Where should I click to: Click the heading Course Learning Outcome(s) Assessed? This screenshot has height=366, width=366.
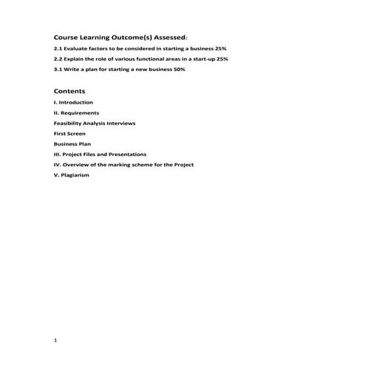tap(120, 35)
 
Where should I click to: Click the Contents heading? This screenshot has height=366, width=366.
tap(70, 90)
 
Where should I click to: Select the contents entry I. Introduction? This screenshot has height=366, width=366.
tap(74, 102)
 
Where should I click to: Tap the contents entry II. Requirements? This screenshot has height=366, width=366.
tap(77, 112)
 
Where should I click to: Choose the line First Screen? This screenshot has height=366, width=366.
tap(70, 133)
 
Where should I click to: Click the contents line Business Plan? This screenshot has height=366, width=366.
tap(72, 143)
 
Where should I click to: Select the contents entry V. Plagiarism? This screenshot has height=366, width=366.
tap(72, 175)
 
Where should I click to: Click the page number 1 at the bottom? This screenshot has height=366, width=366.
tap(55, 340)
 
